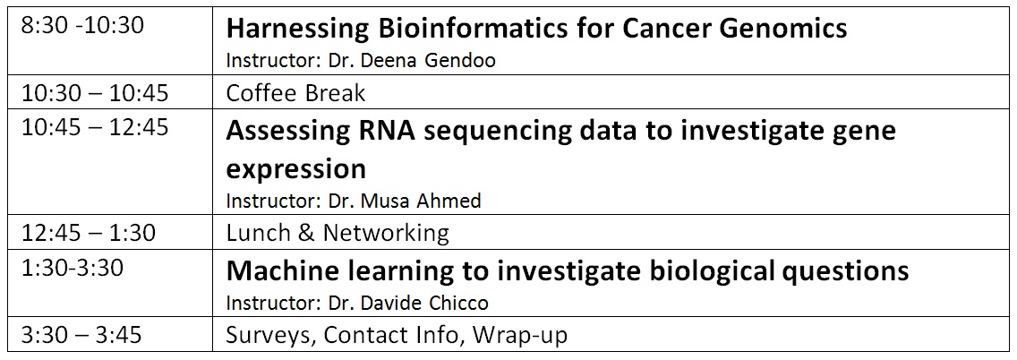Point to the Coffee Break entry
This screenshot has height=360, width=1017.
[295, 93]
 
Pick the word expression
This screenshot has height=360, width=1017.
[295, 169]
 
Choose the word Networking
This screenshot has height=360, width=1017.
[386, 233]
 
